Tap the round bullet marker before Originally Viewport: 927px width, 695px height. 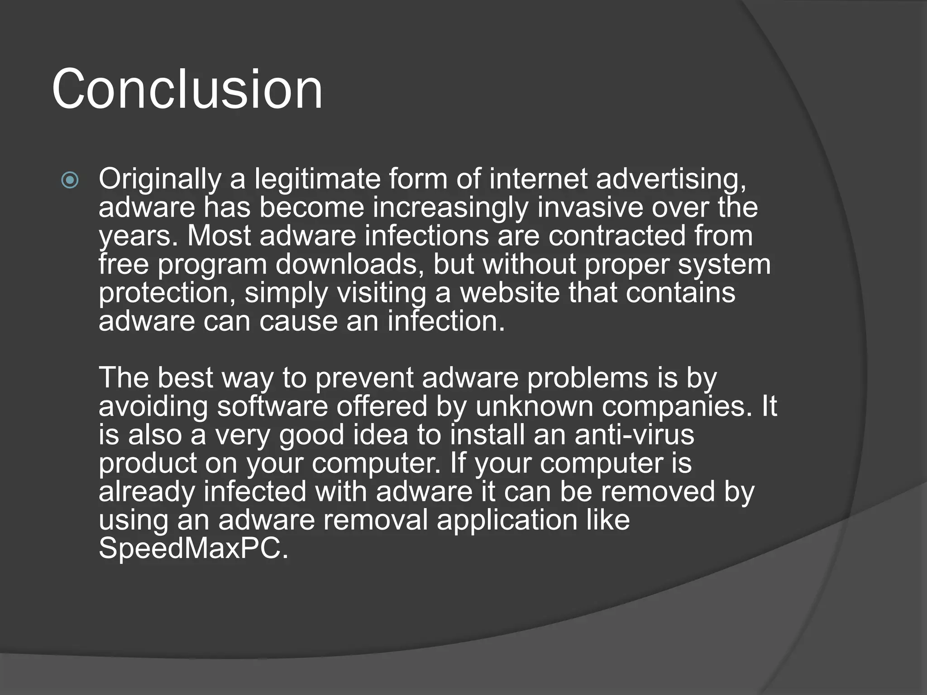click(x=70, y=181)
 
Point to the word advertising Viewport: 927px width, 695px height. click(x=670, y=179)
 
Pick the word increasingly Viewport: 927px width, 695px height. click(x=450, y=208)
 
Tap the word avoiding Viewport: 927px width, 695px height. click(x=153, y=406)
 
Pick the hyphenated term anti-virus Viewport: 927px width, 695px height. click(x=634, y=435)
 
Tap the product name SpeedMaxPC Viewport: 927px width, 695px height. click(x=193, y=548)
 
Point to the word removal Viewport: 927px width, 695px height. click(x=375, y=520)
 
